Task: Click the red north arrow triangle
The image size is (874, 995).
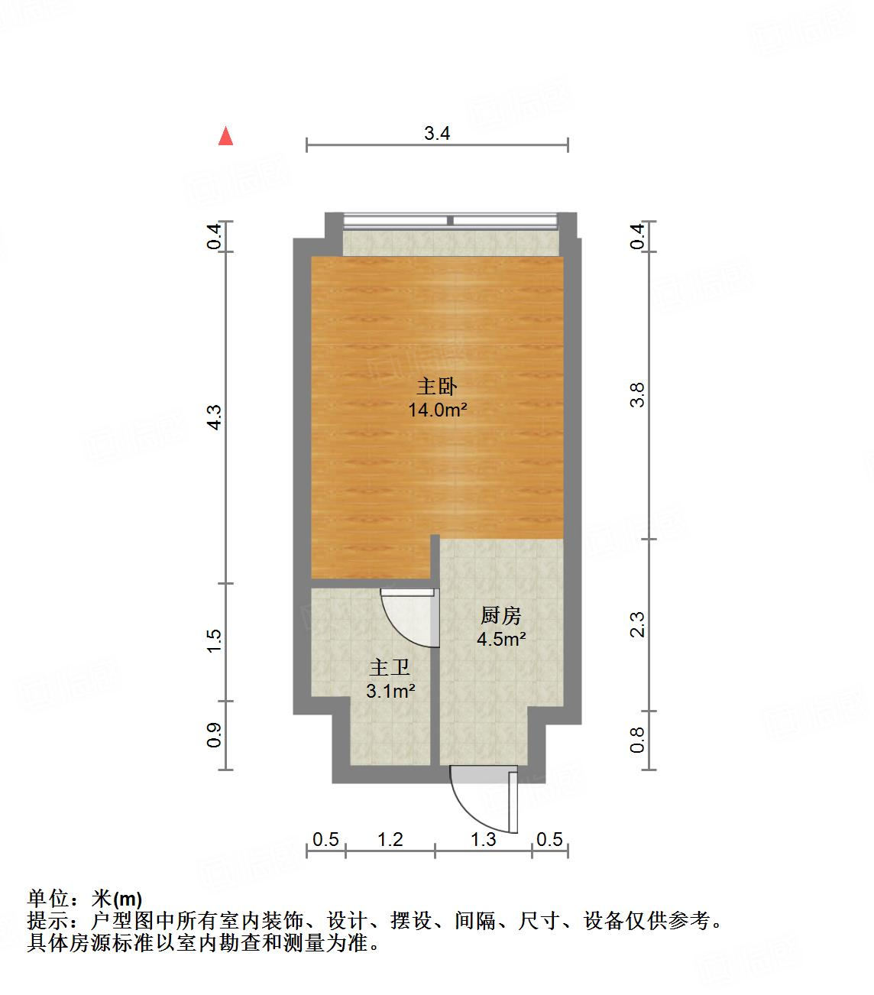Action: (225, 136)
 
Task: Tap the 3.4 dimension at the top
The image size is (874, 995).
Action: (437, 134)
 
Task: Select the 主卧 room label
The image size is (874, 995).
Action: (436, 386)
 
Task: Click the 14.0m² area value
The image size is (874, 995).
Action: (437, 410)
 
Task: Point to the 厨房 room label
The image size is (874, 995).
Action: (500, 615)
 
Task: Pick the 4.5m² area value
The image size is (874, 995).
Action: (501, 640)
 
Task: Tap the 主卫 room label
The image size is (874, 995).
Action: (390, 667)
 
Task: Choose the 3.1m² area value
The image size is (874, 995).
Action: (391, 692)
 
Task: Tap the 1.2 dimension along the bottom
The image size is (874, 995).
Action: (390, 840)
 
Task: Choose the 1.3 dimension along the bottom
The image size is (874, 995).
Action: (483, 840)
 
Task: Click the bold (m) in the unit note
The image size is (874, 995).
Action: (128, 899)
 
